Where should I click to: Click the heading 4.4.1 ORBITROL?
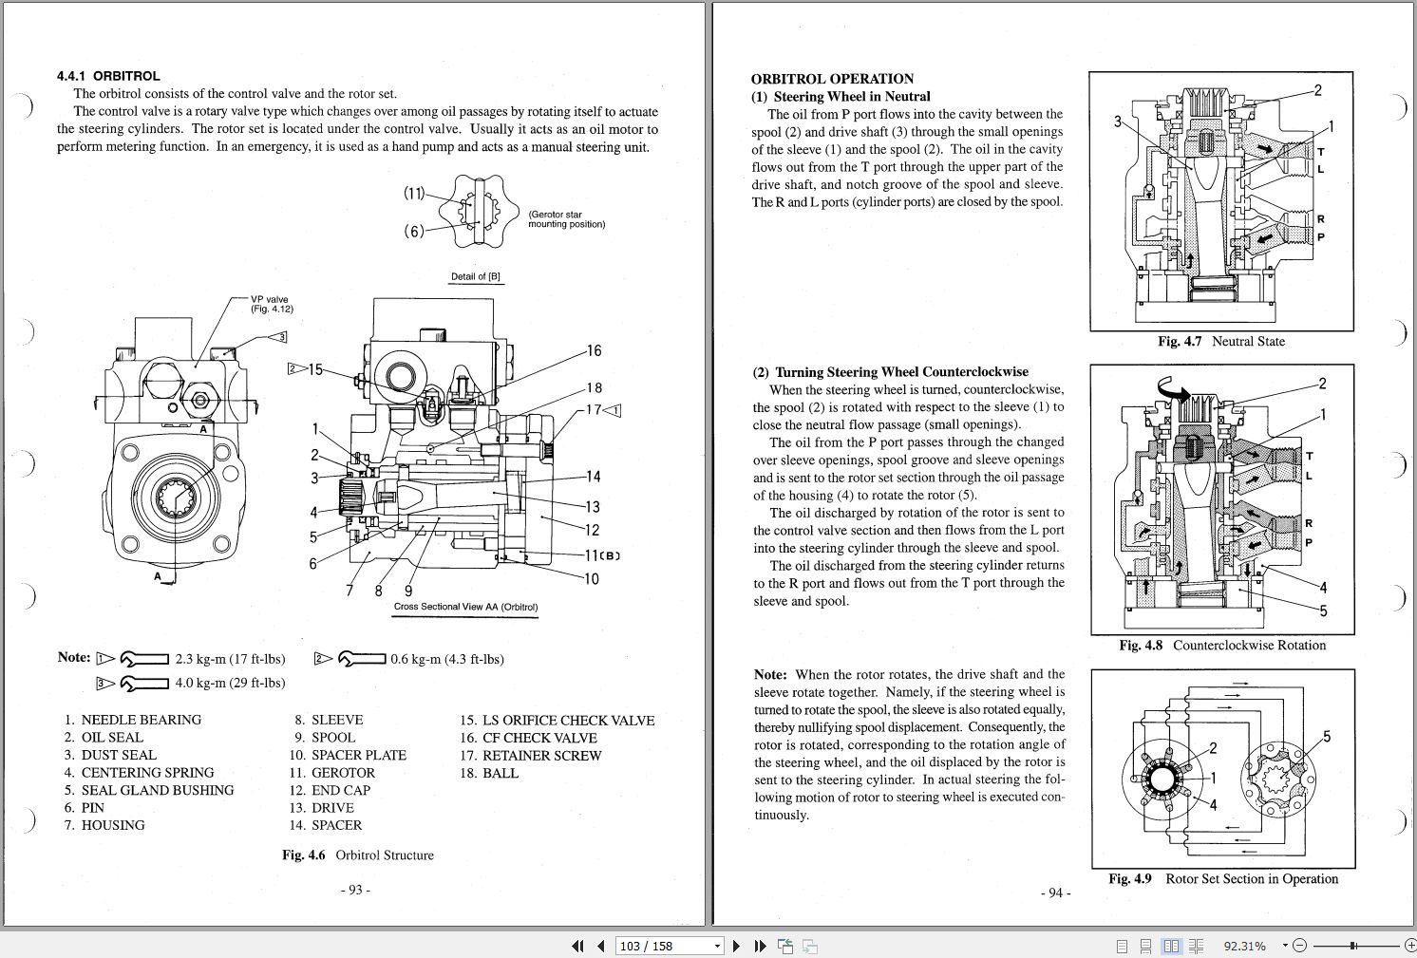click(108, 76)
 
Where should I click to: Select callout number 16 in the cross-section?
click(594, 351)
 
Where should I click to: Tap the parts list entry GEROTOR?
click(343, 773)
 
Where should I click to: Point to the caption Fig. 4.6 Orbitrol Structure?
click(357, 855)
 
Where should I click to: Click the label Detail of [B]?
click(476, 277)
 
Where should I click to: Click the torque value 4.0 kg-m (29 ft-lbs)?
click(230, 683)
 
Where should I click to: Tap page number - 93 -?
click(354, 890)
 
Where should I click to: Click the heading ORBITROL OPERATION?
click(832, 79)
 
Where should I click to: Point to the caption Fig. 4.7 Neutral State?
click(1220, 342)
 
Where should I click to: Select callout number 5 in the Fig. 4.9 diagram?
click(1327, 737)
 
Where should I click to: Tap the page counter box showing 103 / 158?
click(669, 946)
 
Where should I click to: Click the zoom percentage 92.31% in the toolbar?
click(1244, 946)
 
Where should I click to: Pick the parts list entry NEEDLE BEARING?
click(141, 720)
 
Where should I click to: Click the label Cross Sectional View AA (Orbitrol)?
click(465, 608)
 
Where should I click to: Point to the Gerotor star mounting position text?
click(566, 219)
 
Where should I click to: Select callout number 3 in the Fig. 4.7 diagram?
click(1118, 122)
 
